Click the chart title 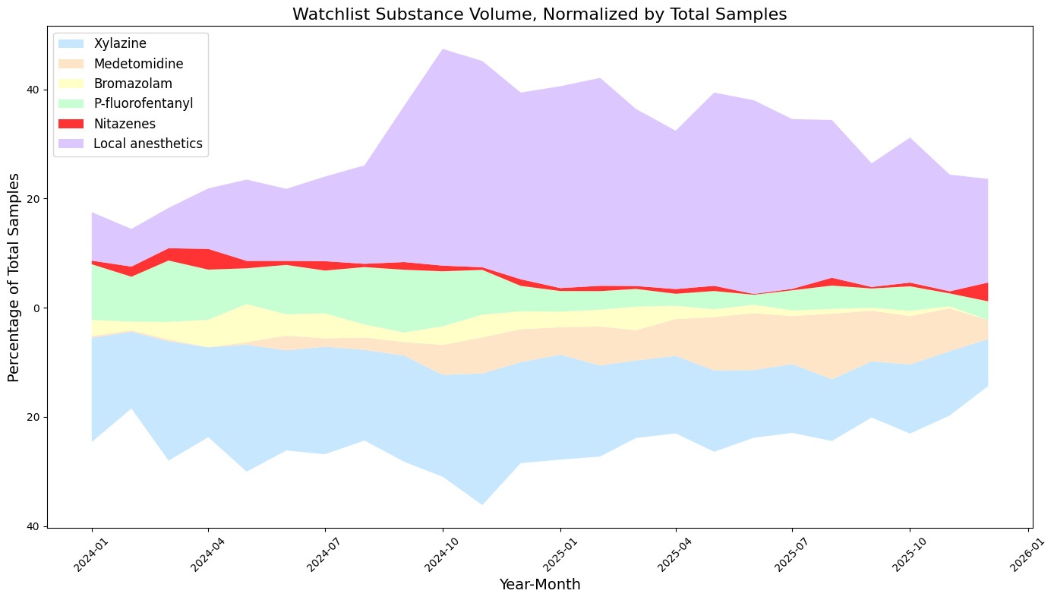point(539,14)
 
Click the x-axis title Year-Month point(539,584)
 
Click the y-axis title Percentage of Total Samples point(14,276)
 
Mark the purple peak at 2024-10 point(443,50)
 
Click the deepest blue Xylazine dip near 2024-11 point(481,504)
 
